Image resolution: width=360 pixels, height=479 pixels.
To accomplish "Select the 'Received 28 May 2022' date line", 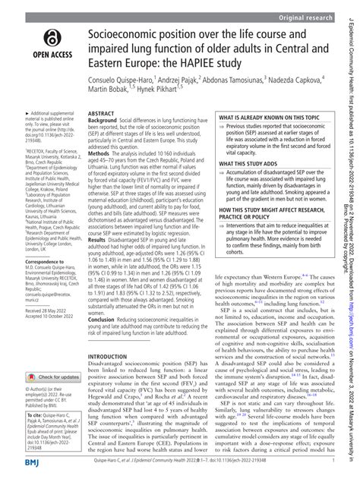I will pos(38,311).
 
